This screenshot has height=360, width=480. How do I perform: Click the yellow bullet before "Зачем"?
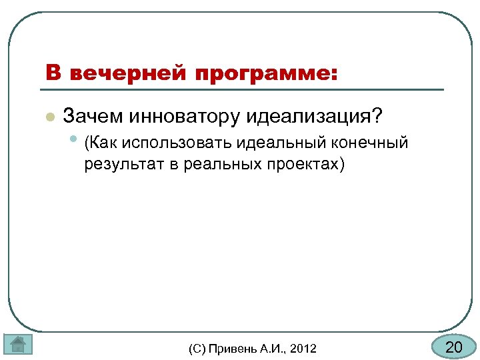pos(49,117)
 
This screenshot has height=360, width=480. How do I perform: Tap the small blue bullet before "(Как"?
pos(74,141)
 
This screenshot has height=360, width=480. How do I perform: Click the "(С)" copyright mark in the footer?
pos(198,349)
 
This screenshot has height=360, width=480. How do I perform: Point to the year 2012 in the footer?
pos(304,349)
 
